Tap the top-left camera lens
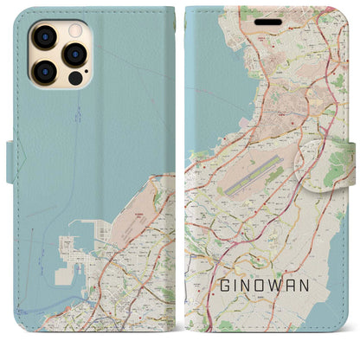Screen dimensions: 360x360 (x=43, y=36)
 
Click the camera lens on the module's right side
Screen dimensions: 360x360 (x=74, y=55)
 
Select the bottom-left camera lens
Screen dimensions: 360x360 (x=43, y=71)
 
